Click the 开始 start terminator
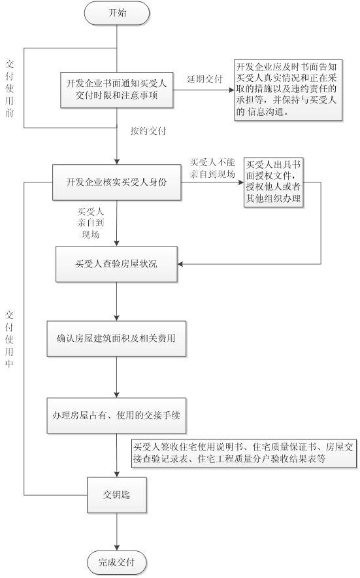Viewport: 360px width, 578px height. pos(116,12)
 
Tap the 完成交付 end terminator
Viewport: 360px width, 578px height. pos(118,561)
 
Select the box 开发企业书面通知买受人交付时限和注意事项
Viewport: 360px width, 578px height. pos(118,90)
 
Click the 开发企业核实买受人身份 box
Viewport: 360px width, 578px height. pos(116,182)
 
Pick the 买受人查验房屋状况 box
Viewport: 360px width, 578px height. pos(116,264)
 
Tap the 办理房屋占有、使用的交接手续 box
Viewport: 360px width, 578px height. pos(116,416)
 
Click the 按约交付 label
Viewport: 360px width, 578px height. pos(148,131)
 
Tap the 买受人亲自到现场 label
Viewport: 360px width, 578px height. pos(91,222)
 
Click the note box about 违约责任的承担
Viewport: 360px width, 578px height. pos(287,90)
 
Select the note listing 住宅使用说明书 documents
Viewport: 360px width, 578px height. pos(243,452)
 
